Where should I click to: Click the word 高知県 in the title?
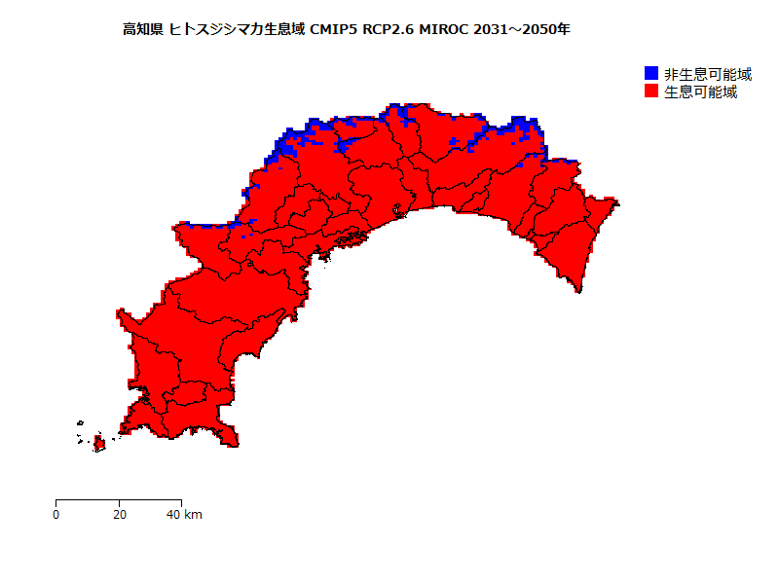click(x=143, y=30)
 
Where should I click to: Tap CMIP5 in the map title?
click(x=333, y=30)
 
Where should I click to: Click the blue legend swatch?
click(x=651, y=74)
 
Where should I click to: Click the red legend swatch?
click(x=651, y=91)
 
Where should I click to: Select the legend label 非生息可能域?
click(x=707, y=74)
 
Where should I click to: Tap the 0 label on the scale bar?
click(x=56, y=514)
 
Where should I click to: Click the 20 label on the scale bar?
click(x=119, y=514)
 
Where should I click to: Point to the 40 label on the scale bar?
click(x=172, y=514)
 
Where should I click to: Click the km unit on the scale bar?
click(x=193, y=514)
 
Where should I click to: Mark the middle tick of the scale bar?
click(x=119, y=501)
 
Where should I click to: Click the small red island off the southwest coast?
click(x=98, y=444)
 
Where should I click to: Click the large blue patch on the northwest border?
click(x=285, y=147)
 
